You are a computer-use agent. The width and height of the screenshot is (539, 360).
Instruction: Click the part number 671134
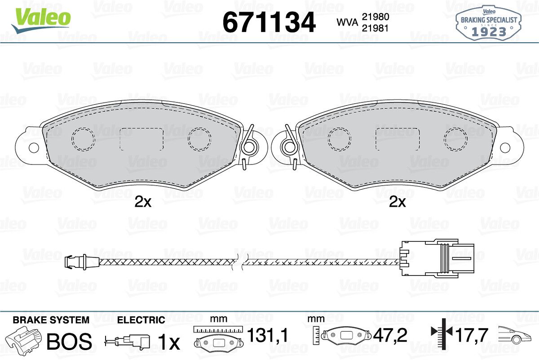(269, 22)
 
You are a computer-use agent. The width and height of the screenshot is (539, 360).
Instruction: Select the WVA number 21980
(376, 17)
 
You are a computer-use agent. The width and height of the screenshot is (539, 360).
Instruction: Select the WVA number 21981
(376, 28)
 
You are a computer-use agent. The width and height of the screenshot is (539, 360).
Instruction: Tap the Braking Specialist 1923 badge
(488, 23)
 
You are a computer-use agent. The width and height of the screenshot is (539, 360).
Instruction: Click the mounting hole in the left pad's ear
(34, 147)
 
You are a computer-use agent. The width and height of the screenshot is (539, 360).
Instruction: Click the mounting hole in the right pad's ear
(505, 147)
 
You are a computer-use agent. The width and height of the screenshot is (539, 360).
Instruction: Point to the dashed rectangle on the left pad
(142, 139)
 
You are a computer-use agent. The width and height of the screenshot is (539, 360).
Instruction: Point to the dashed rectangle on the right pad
(398, 139)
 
